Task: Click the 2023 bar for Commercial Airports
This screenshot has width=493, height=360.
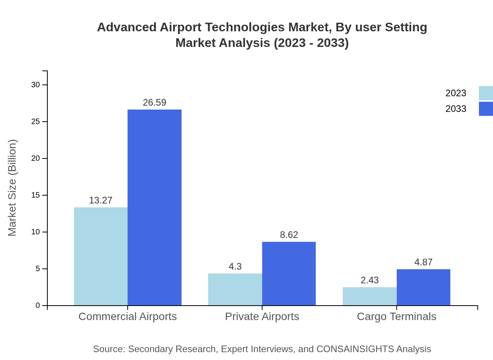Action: pos(101,256)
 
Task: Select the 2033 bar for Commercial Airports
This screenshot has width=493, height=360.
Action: pos(155,207)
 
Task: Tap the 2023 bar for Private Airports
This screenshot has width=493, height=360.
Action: pos(235,289)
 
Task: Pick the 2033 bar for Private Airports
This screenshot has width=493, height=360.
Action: pos(289,274)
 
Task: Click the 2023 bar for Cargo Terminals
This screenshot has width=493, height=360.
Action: pos(370,296)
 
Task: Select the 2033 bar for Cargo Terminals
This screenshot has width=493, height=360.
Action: pos(423,287)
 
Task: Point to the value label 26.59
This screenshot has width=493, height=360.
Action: pos(155,103)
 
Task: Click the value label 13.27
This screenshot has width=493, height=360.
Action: pos(101,200)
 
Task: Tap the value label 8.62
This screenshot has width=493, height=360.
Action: pos(289,235)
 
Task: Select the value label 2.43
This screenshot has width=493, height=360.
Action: pos(370,280)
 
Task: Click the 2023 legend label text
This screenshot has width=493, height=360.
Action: pos(456,93)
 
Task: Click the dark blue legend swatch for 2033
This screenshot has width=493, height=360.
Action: pos(486,109)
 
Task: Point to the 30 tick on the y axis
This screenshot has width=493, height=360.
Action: pos(36,85)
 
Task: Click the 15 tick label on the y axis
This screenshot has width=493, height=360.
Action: pos(36,195)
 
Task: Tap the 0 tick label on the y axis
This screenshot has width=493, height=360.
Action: pos(38,306)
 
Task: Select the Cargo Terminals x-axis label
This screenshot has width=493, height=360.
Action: pos(396,317)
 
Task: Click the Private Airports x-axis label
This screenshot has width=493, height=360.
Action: pos(262,317)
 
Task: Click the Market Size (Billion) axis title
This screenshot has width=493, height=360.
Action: pos(13,188)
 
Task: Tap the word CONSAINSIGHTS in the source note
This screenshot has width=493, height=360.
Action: pos(354,349)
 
